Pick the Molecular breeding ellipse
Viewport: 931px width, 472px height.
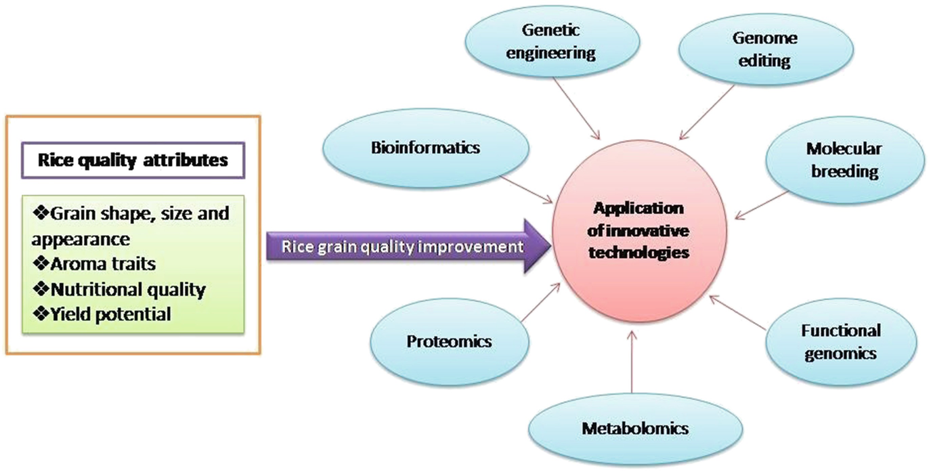tap(843, 160)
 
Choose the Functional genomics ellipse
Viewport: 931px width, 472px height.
tap(840, 341)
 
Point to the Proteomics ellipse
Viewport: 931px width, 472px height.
tap(448, 341)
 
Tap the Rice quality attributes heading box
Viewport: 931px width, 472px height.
tap(133, 161)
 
